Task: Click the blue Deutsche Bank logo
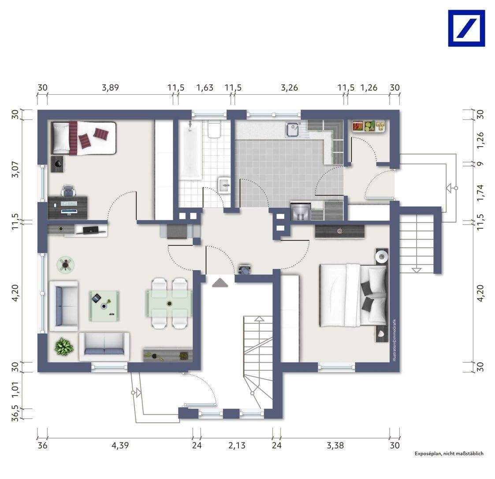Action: (466, 28)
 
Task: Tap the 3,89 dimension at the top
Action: (110, 88)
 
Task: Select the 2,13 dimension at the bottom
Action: (237, 446)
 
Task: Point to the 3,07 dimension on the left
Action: (16, 169)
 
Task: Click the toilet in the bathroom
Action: (215, 130)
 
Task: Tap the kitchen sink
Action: (293, 129)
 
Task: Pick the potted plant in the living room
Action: (64, 346)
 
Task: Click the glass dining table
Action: (169, 303)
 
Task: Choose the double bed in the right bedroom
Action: (353, 295)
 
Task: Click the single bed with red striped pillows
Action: (84, 138)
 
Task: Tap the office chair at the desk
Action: (68, 190)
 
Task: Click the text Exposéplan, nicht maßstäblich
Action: (448, 453)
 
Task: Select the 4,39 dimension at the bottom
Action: (120, 446)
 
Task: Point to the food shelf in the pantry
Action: (368, 126)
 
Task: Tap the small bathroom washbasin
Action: (225, 185)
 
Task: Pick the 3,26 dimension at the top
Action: (289, 88)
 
